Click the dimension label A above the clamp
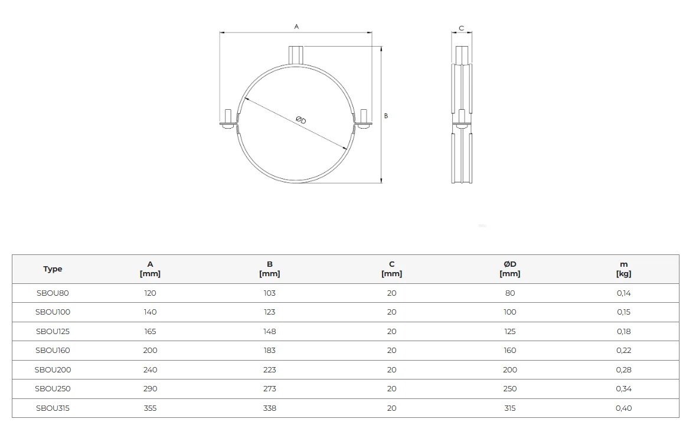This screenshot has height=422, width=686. (x=296, y=27)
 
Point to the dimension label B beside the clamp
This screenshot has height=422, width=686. (x=386, y=116)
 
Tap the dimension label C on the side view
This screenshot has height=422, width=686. (x=461, y=28)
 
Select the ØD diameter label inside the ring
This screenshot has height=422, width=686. (x=301, y=120)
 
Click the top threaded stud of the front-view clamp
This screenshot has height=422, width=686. (x=296, y=55)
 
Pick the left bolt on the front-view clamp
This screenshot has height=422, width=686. (x=228, y=119)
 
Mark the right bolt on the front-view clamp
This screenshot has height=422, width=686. (x=364, y=119)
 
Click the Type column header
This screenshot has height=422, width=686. (x=53, y=269)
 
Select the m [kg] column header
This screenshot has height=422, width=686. (x=623, y=269)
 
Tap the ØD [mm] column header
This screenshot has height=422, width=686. (x=509, y=269)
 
